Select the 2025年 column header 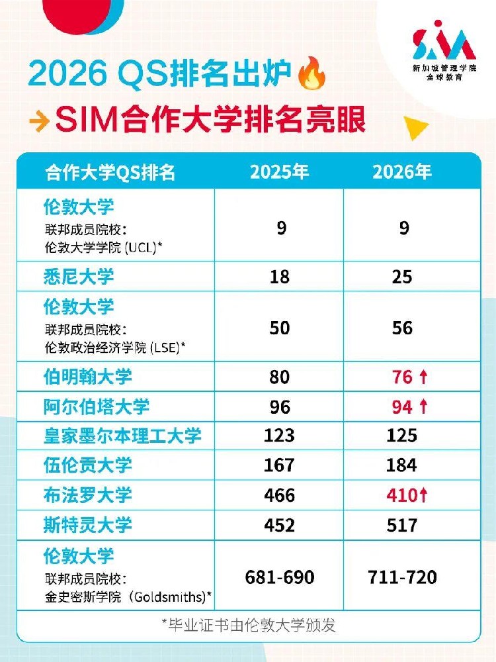pyautogui.click(x=279, y=172)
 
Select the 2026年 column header pyautogui.click(x=402, y=172)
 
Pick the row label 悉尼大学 pyautogui.click(x=79, y=277)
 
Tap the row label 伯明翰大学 pyautogui.click(x=88, y=377)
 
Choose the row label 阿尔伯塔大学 pyautogui.click(x=97, y=406)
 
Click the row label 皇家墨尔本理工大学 pyautogui.click(x=122, y=436)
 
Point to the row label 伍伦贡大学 pyautogui.click(x=88, y=465)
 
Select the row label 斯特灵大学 pyautogui.click(x=88, y=525)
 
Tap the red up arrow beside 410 pyautogui.click(x=424, y=495)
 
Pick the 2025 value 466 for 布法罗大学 pyautogui.click(x=279, y=495)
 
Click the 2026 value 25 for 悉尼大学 pyautogui.click(x=402, y=277)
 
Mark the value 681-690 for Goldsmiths pyautogui.click(x=280, y=577)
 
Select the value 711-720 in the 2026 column pyautogui.click(x=402, y=577)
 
